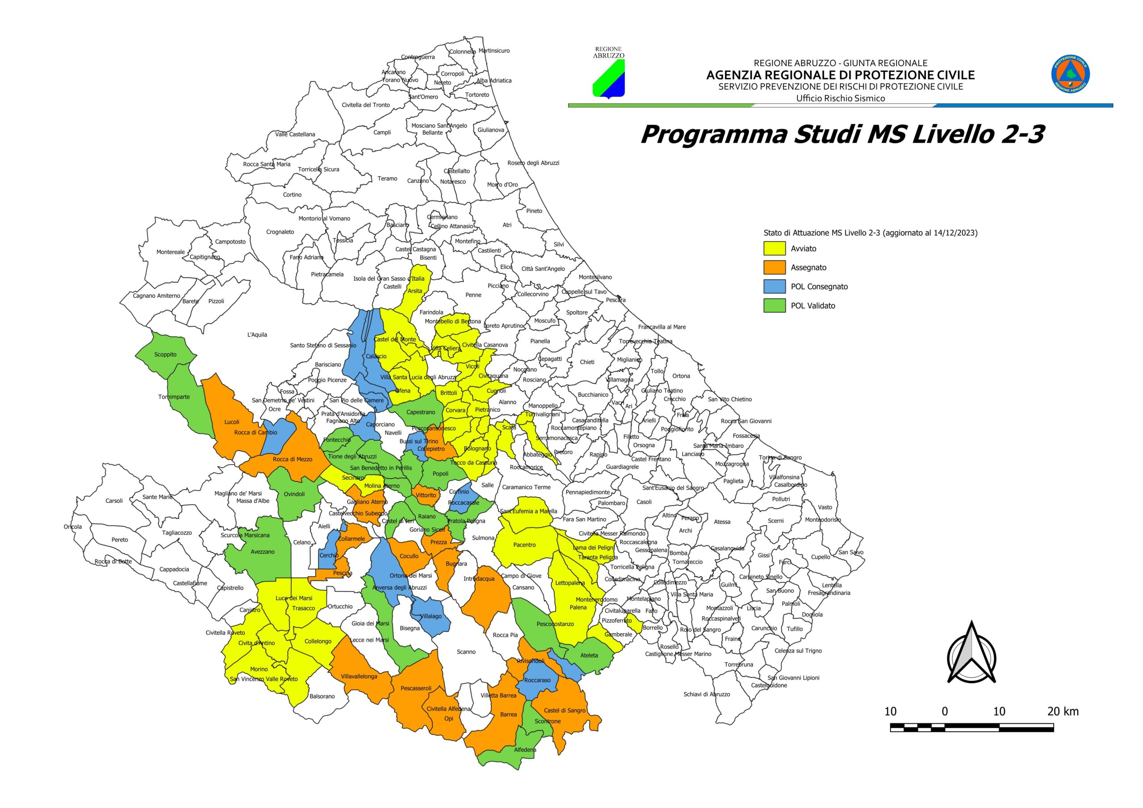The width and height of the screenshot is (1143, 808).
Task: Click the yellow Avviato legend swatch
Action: (x=774, y=248)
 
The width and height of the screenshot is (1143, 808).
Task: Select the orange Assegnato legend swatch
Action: (x=774, y=267)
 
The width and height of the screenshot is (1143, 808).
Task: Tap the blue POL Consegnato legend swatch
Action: (x=774, y=286)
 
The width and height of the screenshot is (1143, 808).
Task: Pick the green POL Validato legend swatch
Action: (x=774, y=305)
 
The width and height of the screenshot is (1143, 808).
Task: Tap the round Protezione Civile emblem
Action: (x=1070, y=74)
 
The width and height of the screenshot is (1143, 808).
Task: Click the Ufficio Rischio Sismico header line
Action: (x=840, y=98)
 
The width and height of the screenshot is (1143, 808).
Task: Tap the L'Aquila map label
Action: (x=257, y=334)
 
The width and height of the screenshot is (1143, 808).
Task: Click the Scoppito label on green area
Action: (x=165, y=354)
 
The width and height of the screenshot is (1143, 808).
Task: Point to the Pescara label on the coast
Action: (x=615, y=300)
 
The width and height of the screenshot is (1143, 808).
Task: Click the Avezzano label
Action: (x=263, y=552)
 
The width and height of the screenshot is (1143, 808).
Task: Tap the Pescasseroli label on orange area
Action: (x=416, y=688)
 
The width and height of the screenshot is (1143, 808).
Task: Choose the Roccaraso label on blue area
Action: (x=537, y=680)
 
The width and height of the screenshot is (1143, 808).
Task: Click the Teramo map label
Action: (x=387, y=178)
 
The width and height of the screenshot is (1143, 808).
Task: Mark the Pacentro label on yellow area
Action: (x=524, y=545)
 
